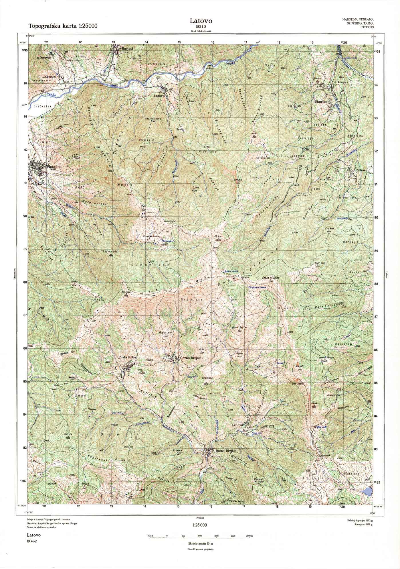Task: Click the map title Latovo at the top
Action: click(x=201, y=21)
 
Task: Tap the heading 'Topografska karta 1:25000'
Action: click(x=63, y=26)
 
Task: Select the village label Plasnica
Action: click(x=54, y=166)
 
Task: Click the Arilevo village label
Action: click(x=237, y=425)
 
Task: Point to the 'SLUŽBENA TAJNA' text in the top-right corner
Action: click(x=359, y=23)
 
